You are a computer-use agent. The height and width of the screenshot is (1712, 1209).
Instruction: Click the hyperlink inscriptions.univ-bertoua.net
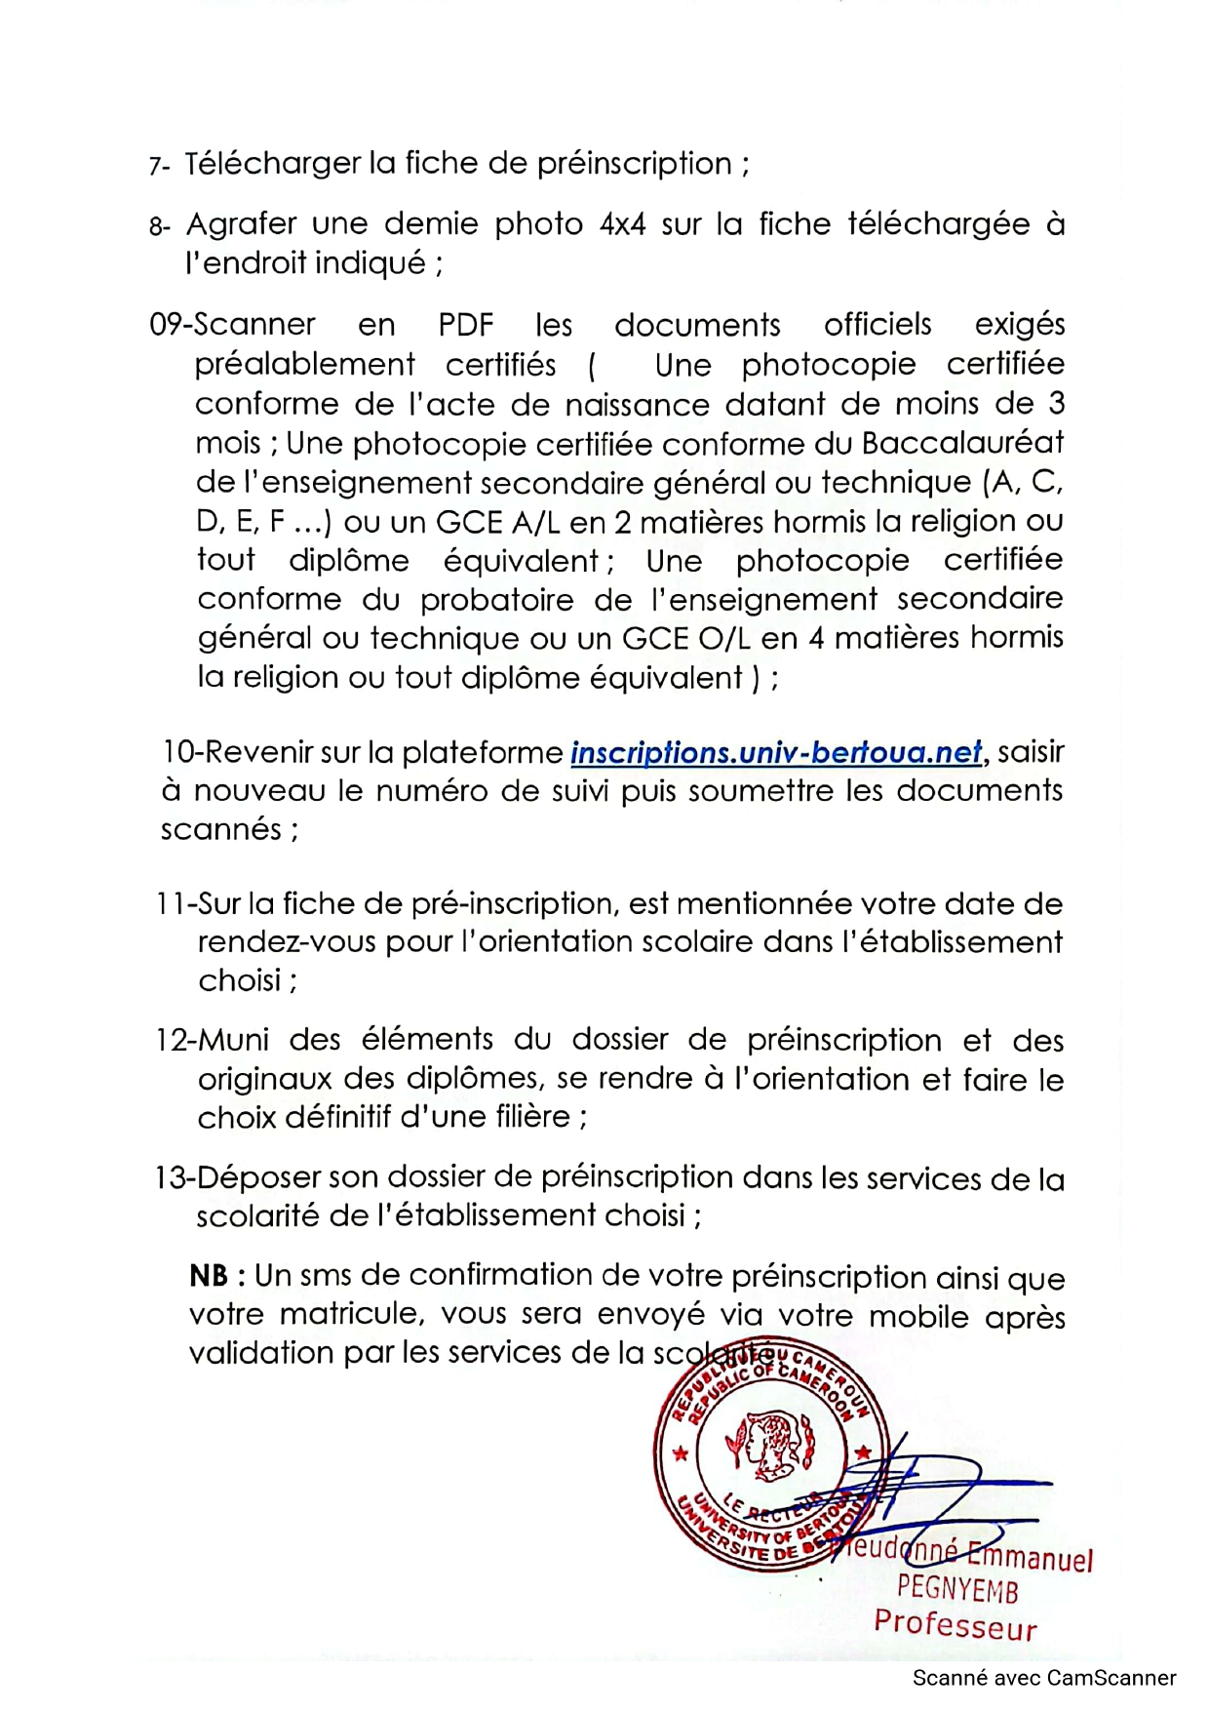776,753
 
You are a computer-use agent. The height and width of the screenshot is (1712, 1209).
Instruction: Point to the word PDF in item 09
466,324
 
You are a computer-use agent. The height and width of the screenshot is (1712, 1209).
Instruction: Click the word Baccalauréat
962,444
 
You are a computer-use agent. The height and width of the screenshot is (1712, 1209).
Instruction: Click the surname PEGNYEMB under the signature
957,1590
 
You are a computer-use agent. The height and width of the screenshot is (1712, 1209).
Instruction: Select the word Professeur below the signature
955,1625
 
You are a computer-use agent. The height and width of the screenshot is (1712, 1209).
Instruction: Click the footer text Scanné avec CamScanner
1043,1679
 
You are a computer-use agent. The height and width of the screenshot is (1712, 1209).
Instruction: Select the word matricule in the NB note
352,1315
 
